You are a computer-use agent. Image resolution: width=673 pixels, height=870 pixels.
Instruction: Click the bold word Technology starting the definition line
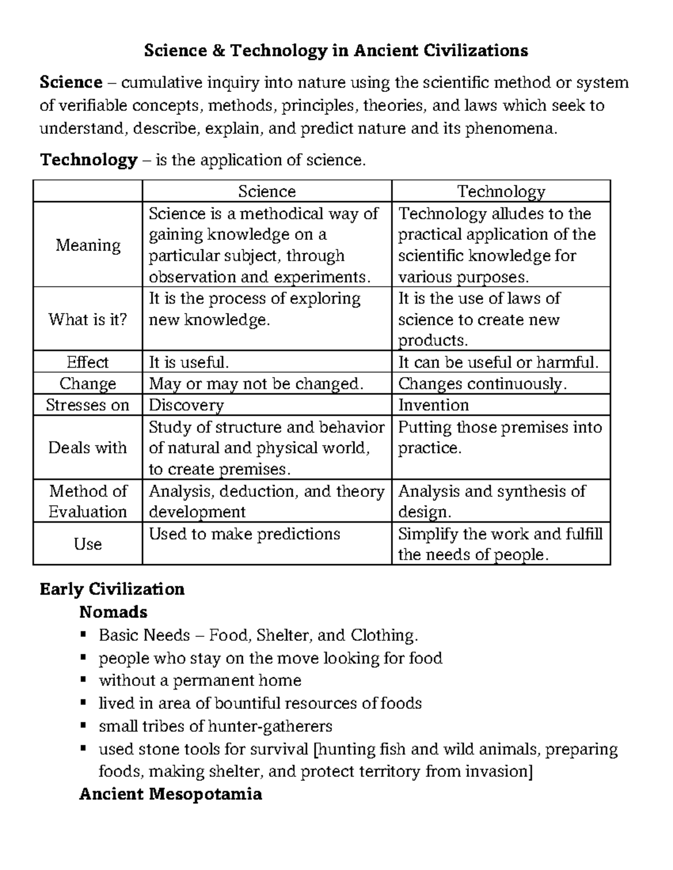89,160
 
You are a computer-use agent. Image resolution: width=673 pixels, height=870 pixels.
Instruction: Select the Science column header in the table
266,192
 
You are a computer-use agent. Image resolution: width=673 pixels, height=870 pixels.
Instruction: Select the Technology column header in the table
501,192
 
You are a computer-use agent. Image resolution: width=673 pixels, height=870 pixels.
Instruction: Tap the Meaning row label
88,245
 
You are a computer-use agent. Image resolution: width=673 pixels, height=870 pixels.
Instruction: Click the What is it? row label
88,319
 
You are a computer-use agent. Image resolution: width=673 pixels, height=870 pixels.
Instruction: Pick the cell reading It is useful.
189,362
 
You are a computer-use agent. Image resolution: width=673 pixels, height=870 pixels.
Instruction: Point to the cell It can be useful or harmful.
498,362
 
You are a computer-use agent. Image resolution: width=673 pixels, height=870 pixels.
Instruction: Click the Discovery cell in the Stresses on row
186,405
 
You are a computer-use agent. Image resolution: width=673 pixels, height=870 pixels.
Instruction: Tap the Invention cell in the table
434,405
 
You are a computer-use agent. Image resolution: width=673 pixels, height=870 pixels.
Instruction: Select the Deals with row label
88,448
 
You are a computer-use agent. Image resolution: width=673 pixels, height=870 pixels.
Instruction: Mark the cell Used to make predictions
245,534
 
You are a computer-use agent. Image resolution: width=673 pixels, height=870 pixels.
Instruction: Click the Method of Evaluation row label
88,501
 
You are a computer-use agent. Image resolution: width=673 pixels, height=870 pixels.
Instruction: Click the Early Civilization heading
112,589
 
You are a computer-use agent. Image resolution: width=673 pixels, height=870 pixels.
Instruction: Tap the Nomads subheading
113,612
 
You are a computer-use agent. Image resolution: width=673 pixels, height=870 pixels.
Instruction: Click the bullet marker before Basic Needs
83,635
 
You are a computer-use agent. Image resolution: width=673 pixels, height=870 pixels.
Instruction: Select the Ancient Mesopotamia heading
170,794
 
